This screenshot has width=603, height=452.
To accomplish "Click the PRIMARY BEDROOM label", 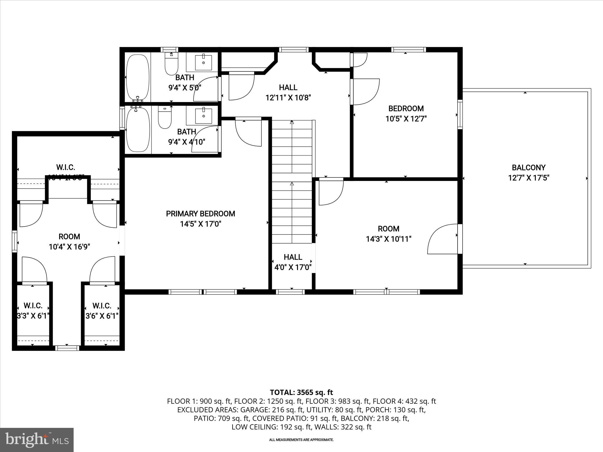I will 201,214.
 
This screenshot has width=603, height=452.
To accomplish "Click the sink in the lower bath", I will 203,116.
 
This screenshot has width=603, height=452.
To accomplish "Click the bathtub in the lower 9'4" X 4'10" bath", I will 138,129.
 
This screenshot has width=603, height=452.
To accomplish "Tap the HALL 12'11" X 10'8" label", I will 288,92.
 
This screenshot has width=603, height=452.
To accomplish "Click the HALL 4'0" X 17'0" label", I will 293,262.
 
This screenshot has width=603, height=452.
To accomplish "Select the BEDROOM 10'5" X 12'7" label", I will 406,114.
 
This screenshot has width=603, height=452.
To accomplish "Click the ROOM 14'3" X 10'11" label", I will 388,234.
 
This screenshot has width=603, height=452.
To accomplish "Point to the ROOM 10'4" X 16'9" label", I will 69,242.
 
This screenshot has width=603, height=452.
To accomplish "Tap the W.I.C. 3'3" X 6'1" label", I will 33,311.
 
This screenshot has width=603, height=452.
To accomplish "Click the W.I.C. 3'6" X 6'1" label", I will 102,311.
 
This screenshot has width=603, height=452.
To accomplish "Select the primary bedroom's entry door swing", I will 248,132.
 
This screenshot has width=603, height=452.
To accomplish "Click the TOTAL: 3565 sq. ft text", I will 301,392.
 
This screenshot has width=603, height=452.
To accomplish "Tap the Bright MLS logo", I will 37,440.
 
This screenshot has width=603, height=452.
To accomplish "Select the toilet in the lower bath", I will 165,117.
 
